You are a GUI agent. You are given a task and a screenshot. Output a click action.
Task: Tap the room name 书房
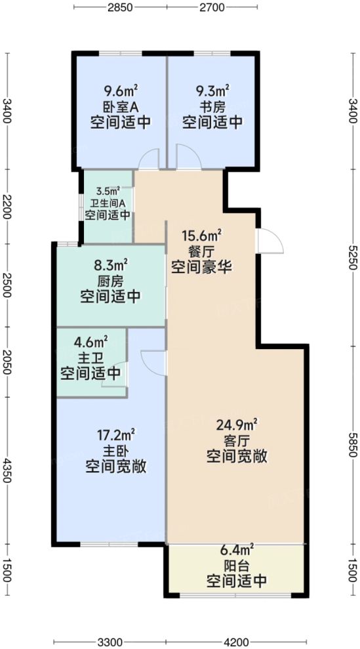tap(212, 107)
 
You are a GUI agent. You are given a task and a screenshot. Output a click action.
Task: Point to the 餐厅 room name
tap(200, 251)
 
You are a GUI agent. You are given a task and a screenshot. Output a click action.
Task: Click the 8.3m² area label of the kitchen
tap(110, 265)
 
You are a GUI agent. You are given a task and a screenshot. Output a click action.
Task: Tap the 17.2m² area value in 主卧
tap(115, 434)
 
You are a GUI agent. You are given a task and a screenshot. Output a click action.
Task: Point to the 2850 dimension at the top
tap(120, 8)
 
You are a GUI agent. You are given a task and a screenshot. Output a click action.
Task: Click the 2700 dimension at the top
tap(212, 8)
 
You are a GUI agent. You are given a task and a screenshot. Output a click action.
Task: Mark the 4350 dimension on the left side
tap(7, 471)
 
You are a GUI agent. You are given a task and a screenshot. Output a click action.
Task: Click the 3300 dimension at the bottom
tap(110, 641)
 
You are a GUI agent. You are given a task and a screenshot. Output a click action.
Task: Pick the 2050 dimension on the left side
tap(7, 361)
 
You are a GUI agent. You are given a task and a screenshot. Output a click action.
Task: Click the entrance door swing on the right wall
tap(270, 240)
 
